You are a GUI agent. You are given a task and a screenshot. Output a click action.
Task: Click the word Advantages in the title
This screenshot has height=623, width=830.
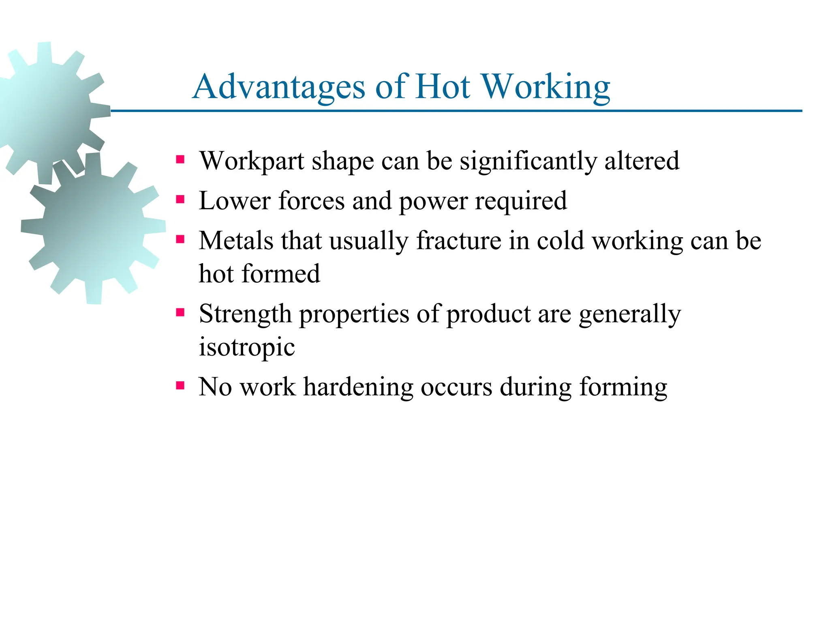tap(279, 87)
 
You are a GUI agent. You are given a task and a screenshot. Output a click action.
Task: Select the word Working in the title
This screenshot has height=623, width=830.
tap(546, 87)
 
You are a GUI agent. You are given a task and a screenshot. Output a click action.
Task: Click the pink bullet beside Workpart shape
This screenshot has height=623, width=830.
tap(180, 159)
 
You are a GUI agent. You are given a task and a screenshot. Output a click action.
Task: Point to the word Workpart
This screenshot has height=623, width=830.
tap(252, 161)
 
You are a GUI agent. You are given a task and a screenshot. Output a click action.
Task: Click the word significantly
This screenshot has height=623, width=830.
tap(528, 161)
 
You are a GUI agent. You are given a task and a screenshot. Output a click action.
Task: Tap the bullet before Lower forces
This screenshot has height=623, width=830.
tap(180, 199)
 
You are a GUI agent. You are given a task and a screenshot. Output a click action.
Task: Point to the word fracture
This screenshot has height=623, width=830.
tap(459, 241)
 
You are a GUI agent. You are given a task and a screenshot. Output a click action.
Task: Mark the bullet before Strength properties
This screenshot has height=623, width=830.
tap(180, 312)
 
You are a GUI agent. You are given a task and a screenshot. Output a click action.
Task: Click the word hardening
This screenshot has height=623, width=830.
tap(358, 387)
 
